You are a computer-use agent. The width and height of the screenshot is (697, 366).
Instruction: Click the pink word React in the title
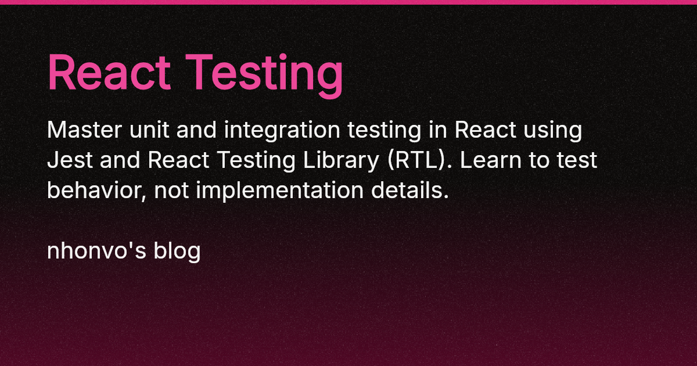109,73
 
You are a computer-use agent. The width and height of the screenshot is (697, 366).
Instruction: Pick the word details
416,190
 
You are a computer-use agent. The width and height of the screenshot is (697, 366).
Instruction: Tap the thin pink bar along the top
348,2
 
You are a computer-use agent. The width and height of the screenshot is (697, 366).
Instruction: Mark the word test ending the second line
576,160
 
